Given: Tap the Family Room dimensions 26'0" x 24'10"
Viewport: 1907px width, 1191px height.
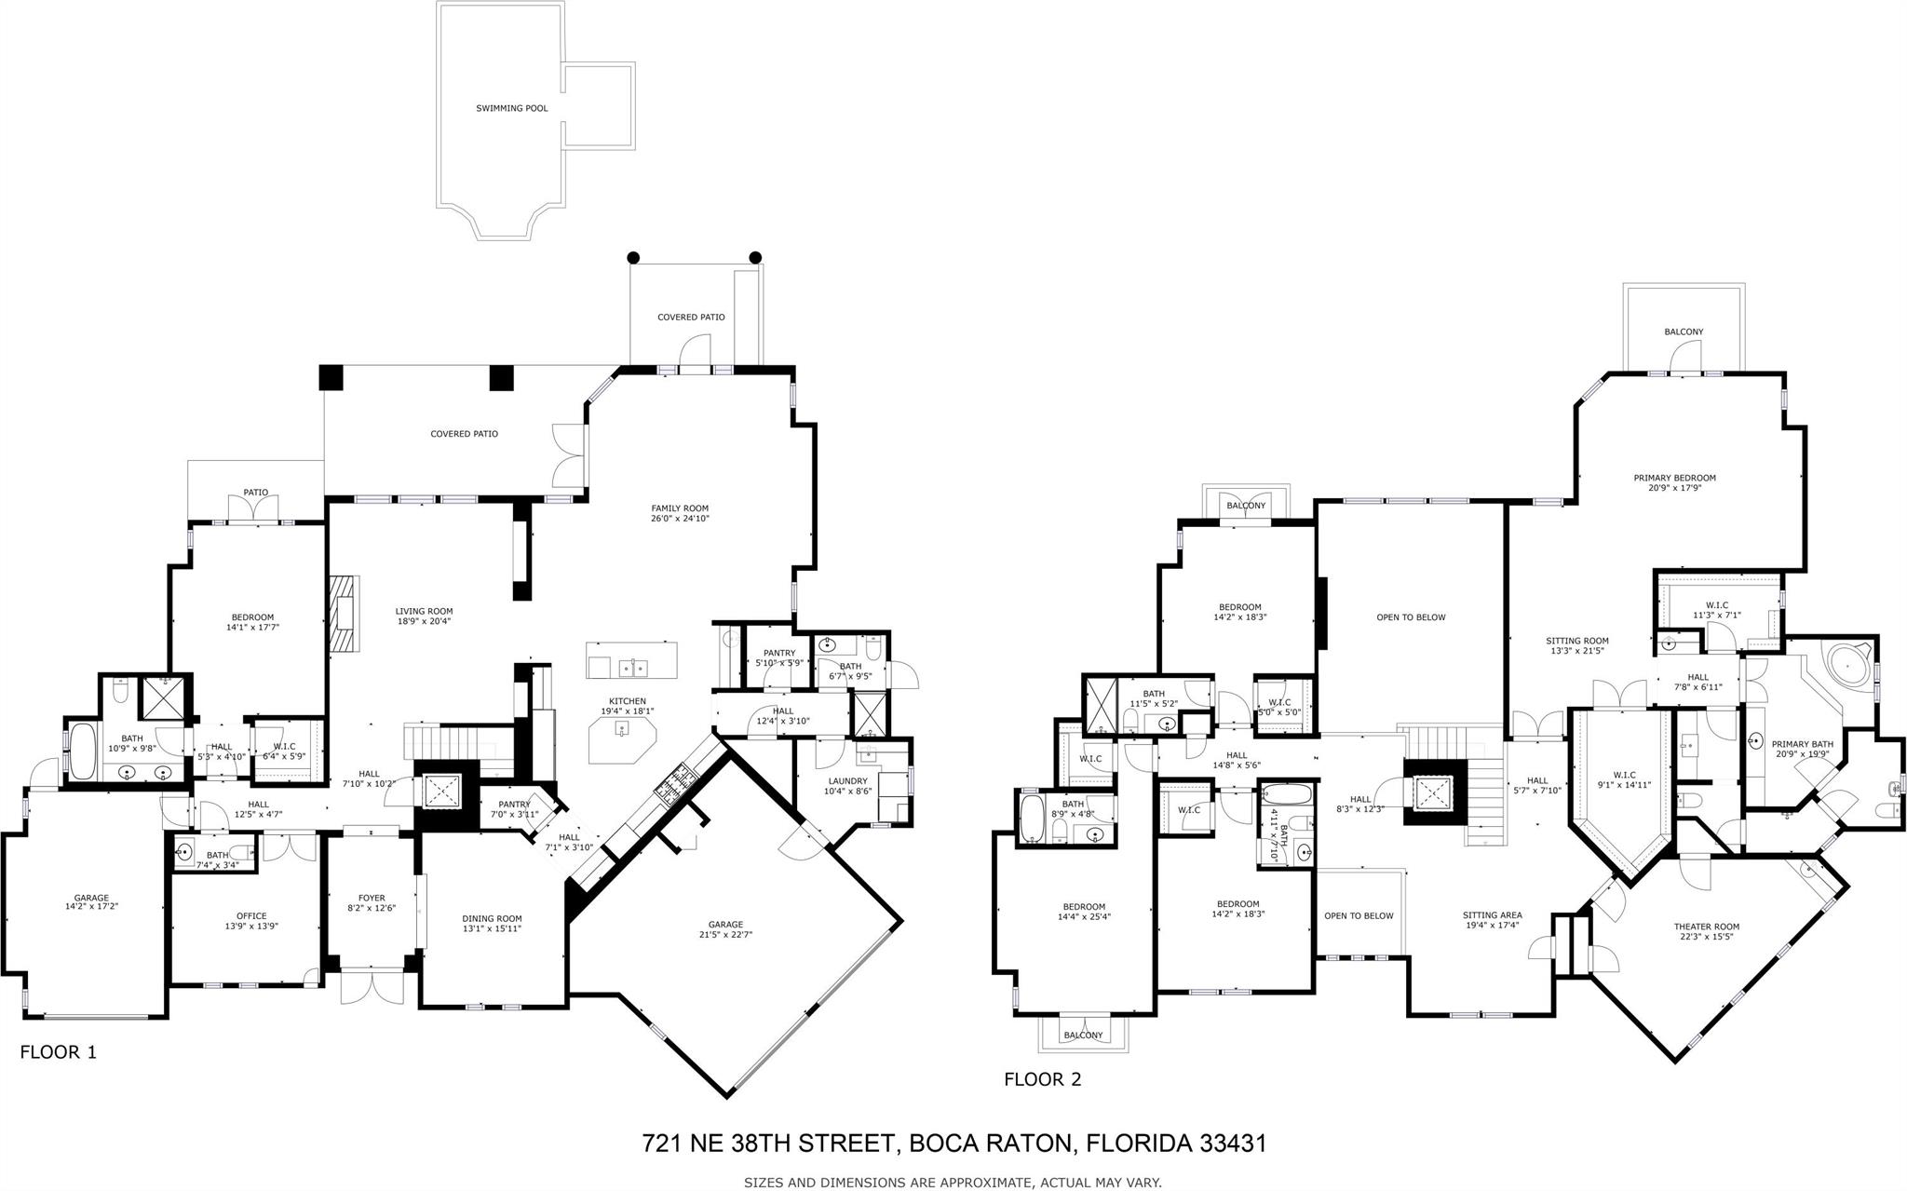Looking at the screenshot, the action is pos(681,519).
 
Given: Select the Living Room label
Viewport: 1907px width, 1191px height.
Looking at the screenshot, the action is pos(424,612).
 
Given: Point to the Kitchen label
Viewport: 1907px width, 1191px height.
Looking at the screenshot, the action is pos(628,701).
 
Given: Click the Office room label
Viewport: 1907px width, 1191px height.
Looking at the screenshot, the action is pos(251,916).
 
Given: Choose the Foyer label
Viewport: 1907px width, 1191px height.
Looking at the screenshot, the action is pos(372,899).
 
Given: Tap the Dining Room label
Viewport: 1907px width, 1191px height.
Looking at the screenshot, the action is pos(493,918).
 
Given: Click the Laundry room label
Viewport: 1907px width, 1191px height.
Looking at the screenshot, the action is pos(846,781).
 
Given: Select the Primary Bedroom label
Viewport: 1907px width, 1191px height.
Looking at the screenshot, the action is pos(1674,479).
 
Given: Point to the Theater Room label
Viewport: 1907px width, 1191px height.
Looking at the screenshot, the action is pos(1707,927).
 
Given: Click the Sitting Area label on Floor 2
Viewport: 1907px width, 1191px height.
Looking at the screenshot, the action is pos(1493,915).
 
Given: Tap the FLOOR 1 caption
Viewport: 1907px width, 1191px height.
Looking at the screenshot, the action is pos(59,1052).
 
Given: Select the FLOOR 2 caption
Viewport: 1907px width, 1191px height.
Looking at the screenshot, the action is pos(1043,1079).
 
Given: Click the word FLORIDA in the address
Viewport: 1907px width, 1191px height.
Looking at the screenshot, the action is pos(1131,1144).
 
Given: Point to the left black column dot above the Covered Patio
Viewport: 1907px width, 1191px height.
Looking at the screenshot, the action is pos(633,257).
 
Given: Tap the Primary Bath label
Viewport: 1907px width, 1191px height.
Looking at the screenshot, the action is pos(1803,744).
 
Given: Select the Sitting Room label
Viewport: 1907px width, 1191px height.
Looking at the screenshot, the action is pos(1577,641).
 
